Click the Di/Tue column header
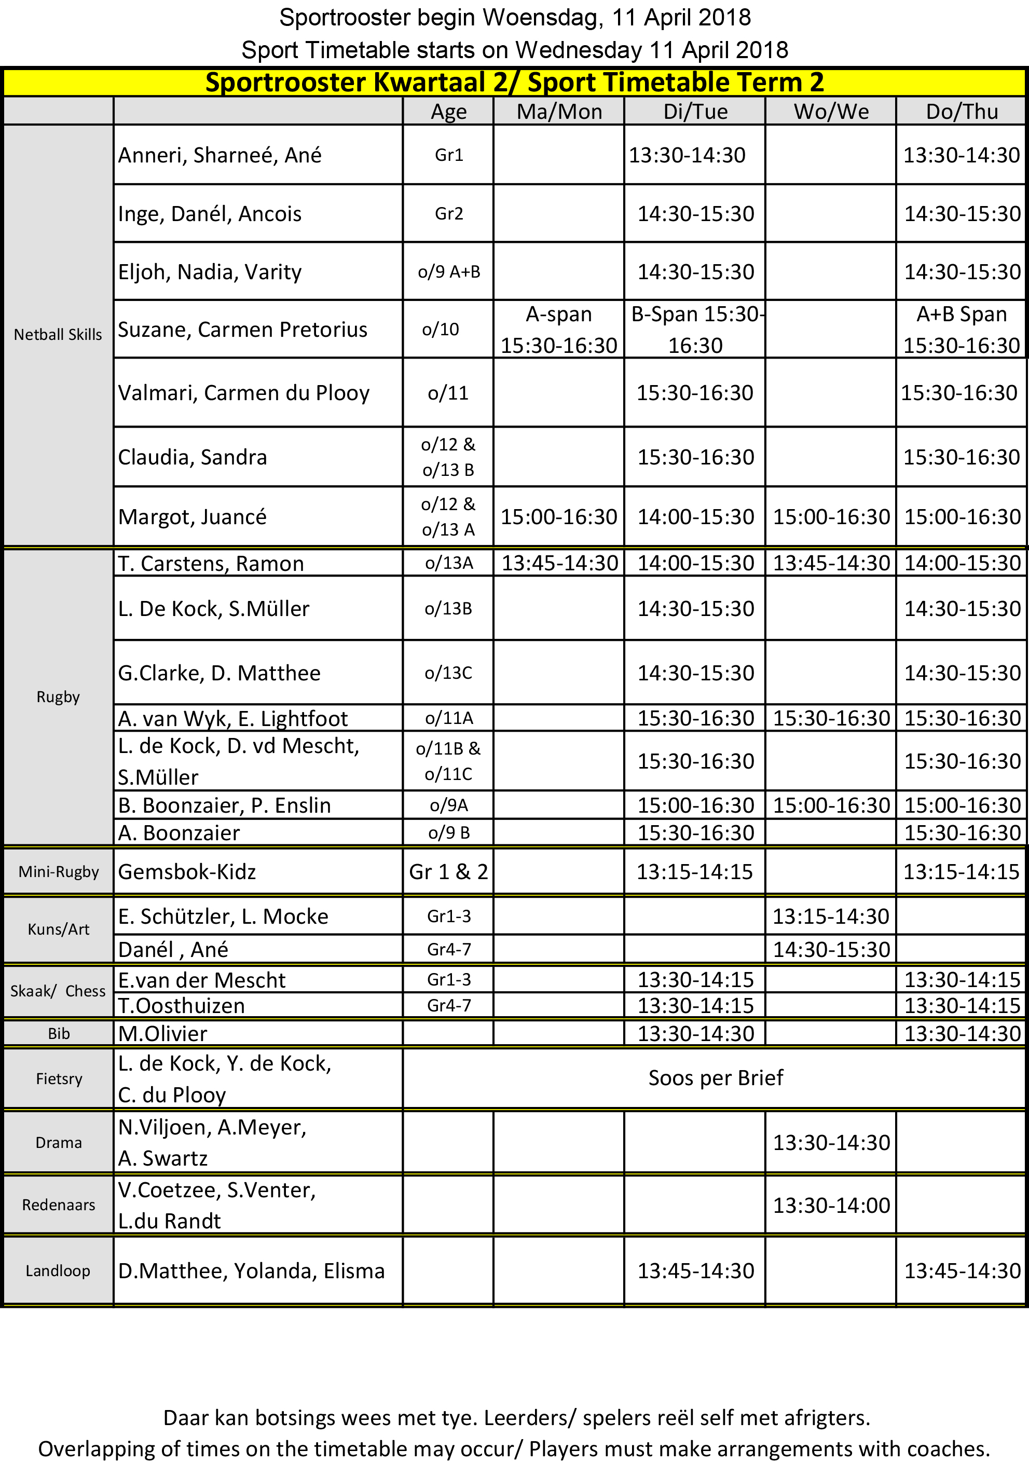(695, 112)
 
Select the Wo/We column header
(831, 112)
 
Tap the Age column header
(448, 112)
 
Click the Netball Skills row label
(58, 335)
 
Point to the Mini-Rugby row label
(59, 872)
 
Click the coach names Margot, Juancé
(192, 516)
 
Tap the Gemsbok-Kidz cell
(187, 872)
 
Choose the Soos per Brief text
(716, 1077)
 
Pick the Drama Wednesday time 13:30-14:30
(831, 1143)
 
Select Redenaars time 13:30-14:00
(831, 1205)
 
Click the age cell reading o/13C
(448, 673)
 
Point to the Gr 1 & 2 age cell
(448, 872)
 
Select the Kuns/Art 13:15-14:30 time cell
(831, 916)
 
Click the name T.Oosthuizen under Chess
(182, 1006)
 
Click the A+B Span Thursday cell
(962, 330)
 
